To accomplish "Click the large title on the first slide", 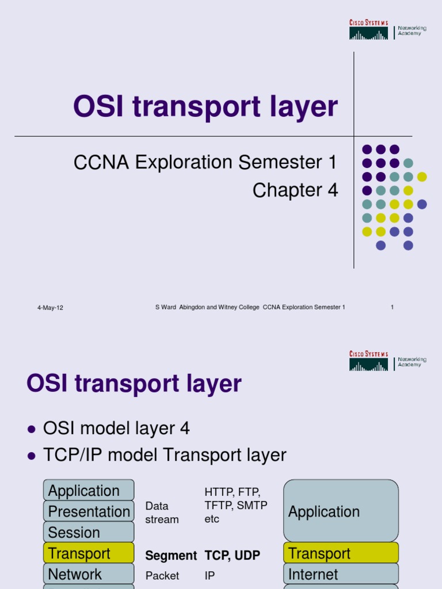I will click(x=205, y=108).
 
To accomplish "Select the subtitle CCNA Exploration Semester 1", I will click(x=205, y=163).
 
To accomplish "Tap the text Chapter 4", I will click(x=295, y=190).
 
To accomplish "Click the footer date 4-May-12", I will click(x=50, y=308).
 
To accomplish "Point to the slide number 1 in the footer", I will click(x=392, y=307).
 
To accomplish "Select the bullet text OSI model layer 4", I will click(x=116, y=429).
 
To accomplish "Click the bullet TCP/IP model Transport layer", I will click(x=165, y=455).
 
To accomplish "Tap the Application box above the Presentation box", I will click(x=89, y=491).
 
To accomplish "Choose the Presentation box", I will click(x=89, y=511).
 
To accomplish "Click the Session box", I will click(x=89, y=532).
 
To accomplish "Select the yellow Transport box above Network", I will click(x=89, y=553).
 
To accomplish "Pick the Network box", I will click(x=89, y=574).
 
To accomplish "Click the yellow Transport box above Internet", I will click(x=341, y=553).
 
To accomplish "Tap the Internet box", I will click(x=341, y=574).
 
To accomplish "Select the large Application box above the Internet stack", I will click(x=341, y=511).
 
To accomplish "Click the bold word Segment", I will click(x=171, y=556).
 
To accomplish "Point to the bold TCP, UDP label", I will click(x=233, y=556).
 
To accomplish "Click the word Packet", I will click(x=162, y=576).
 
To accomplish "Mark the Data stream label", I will click(x=162, y=512).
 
